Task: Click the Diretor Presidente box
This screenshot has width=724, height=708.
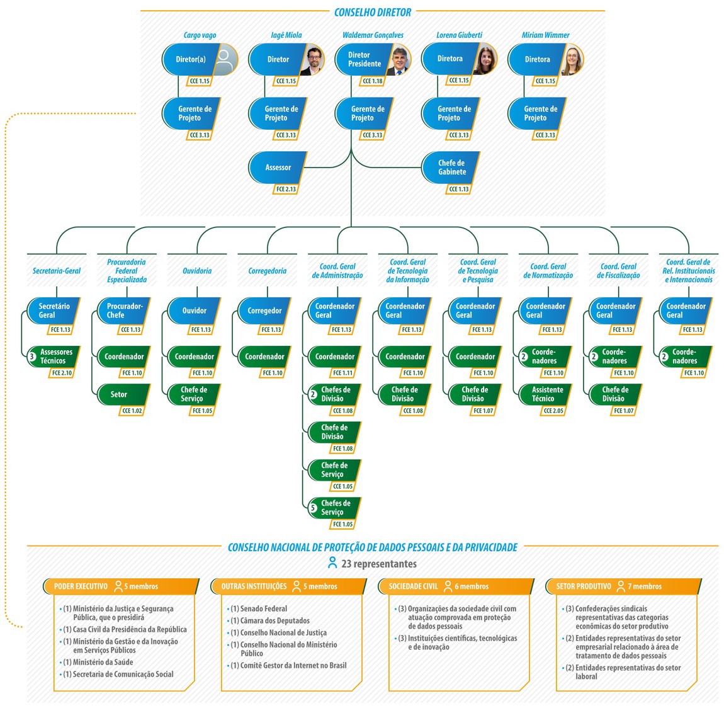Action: tap(364, 60)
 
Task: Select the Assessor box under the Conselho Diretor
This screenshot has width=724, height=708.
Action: tap(278, 168)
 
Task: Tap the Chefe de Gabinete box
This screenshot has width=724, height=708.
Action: tap(451, 168)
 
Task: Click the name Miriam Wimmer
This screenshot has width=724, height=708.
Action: tap(545, 35)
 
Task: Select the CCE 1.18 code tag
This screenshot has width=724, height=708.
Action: tap(373, 81)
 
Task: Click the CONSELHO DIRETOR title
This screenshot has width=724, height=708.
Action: tap(373, 12)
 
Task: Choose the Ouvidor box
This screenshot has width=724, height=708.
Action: tap(195, 311)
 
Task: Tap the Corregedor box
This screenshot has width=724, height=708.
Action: tap(264, 311)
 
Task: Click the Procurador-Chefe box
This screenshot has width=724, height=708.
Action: tap(124, 311)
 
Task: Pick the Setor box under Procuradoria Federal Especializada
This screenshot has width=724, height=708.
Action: tap(120, 394)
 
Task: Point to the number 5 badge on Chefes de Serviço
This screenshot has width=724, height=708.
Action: tap(313, 508)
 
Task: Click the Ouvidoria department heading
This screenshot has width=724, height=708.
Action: tap(197, 271)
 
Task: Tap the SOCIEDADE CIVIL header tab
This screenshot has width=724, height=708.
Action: tap(413, 586)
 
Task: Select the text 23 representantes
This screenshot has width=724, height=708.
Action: tap(378, 564)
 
